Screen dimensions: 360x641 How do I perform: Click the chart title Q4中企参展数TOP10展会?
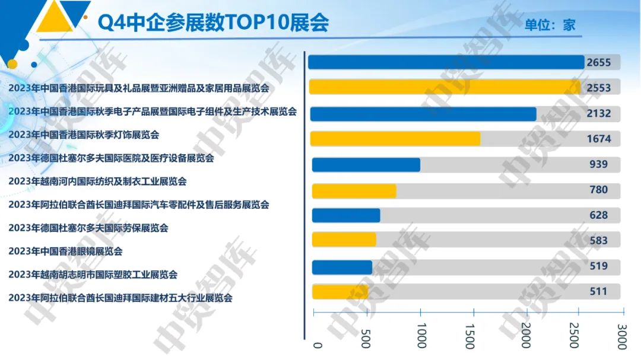click(x=213, y=23)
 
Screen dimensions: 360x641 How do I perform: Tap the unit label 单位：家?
click(x=550, y=25)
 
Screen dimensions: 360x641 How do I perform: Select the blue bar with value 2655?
click(x=446, y=62)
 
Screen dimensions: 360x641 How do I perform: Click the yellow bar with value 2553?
click(x=445, y=87)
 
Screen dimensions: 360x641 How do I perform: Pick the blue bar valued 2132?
click(x=423, y=114)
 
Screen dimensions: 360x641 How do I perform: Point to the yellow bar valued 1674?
click(x=395, y=139)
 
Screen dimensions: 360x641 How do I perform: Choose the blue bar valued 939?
click(x=366, y=164)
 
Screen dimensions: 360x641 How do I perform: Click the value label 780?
click(x=598, y=190)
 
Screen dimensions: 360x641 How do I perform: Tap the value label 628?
click(x=598, y=215)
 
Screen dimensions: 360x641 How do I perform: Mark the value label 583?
click(x=598, y=240)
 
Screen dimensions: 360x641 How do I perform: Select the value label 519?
click(x=598, y=266)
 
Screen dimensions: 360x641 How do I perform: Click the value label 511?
click(x=598, y=291)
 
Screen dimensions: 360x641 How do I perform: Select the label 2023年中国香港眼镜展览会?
click(x=65, y=251)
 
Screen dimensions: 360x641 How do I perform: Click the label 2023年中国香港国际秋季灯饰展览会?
click(x=84, y=135)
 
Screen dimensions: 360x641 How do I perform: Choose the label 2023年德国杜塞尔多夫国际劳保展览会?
click(x=88, y=228)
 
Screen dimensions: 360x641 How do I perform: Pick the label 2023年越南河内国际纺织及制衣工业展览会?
click(x=97, y=181)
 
